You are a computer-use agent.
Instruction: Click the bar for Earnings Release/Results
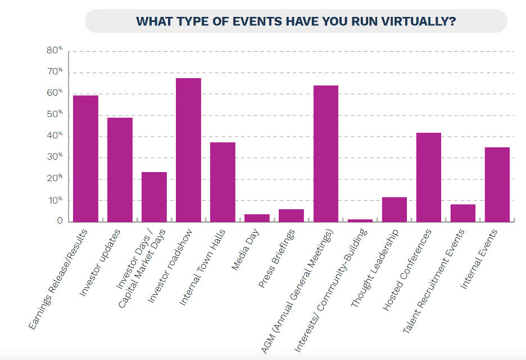85,158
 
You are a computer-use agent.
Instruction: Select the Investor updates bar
120,169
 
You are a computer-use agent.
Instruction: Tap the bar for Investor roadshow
188,150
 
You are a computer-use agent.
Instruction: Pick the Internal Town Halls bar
223,182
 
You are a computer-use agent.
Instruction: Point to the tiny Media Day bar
257,218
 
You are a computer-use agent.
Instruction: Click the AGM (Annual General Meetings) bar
326,154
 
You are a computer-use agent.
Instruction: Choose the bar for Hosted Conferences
428,177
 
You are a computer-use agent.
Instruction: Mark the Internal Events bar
497,184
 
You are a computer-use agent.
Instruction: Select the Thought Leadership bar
394,209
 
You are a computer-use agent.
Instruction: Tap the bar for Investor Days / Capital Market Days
154,196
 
